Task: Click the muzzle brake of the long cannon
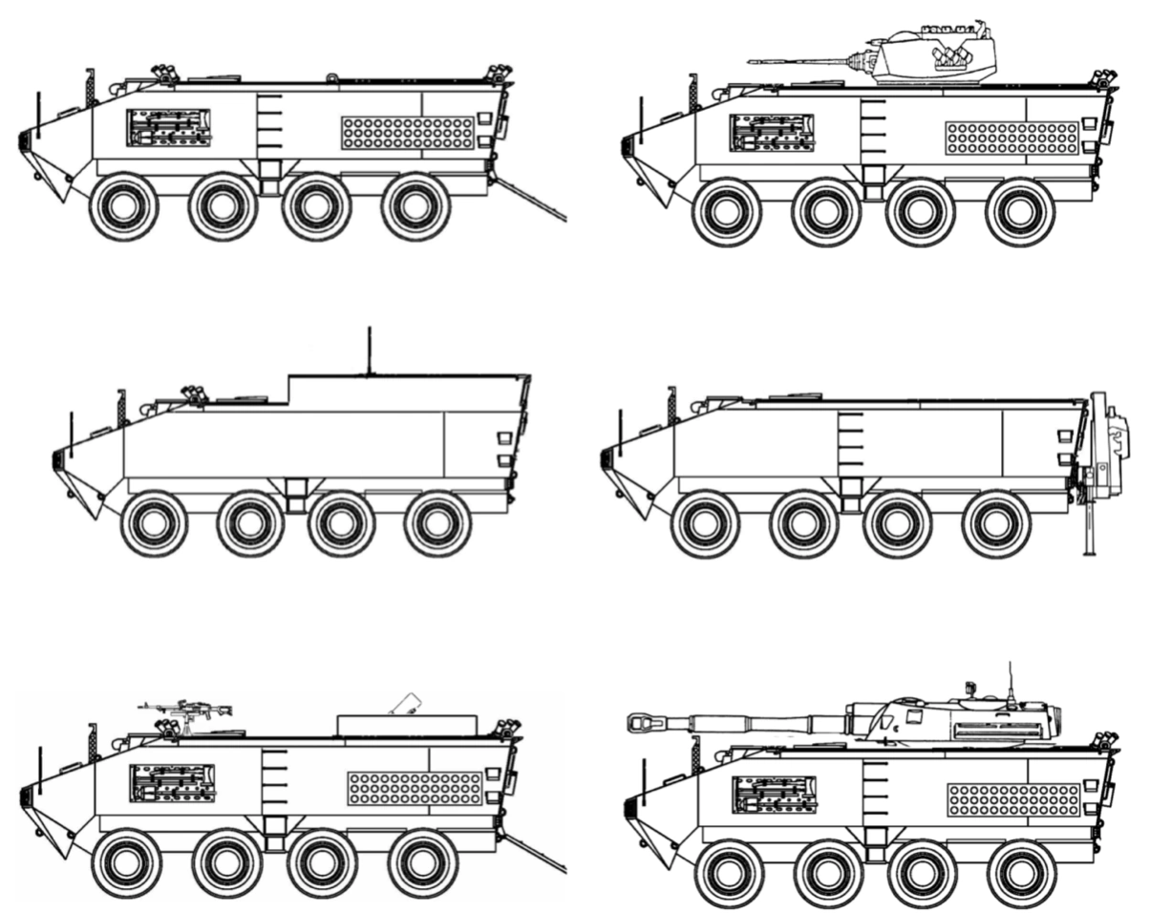[x=638, y=723]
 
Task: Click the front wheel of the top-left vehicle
[x=123, y=206]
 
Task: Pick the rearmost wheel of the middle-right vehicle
[x=995, y=524]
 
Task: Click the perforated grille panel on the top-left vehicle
[x=408, y=133]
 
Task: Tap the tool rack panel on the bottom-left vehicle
[x=172, y=783]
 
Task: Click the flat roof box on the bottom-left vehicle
[x=407, y=725]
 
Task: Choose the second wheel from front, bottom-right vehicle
[x=827, y=874]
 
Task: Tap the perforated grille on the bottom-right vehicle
[x=1013, y=799]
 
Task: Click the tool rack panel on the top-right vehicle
[x=772, y=133]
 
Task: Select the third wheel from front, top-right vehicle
[x=920, y=212]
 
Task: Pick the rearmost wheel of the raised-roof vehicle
[x=437, y=524]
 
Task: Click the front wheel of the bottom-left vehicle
[x=126, y=863]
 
